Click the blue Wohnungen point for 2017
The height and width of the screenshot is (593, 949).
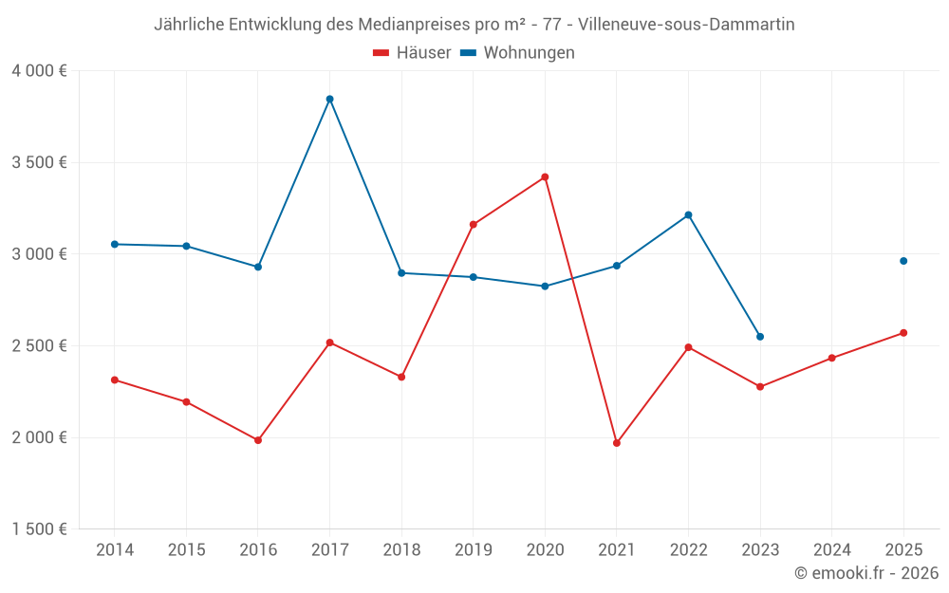coord(329,99)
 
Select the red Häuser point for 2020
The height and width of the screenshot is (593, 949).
coord(545,176)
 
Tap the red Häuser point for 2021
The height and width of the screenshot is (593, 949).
coord(617,443)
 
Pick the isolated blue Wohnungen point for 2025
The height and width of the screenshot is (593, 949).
coord(903,261)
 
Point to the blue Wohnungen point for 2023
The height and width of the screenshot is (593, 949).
coord(760,337)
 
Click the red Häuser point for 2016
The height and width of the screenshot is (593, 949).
coord(258,440)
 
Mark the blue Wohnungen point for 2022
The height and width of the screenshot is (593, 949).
coord(688,214)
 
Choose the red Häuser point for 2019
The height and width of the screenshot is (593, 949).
coord(473,225)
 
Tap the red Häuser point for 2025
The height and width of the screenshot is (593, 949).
coord(903,333)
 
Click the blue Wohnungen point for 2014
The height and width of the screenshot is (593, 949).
coord(115,244)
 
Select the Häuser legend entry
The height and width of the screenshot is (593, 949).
coord(413,53)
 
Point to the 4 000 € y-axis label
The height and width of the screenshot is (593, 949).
coord(39,71)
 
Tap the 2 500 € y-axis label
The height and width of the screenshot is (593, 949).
coord(39,346)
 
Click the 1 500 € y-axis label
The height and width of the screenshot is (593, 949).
coord(39,529)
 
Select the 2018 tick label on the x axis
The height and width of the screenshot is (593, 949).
coord(401,550)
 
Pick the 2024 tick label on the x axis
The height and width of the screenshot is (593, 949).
coord(831,550)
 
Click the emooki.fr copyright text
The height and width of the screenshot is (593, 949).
coord(866,573)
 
